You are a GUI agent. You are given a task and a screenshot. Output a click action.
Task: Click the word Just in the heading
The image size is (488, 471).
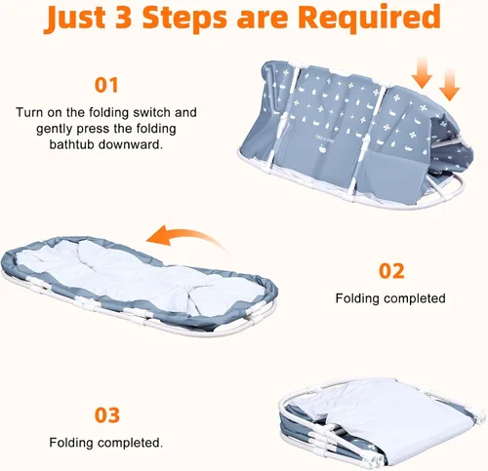pyautogui.click(x=75, y=17)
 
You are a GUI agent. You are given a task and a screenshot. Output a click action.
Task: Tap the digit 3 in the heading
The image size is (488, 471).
pyautogui.click(x=123, y=17)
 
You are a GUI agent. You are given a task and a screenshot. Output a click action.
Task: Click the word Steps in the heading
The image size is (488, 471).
pyautogui.click(x=184, y=19)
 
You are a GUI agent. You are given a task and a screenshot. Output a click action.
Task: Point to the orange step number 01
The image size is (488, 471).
pyautogui.click(x=106, y=85)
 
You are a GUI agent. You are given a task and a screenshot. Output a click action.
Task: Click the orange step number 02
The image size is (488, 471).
pyautogui.click(x=391, y=271)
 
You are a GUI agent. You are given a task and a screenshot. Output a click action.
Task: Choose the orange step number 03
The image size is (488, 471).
pyautogui.click(x=107, y=415)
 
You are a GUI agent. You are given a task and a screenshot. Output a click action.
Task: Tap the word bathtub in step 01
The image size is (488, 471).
pyautogui.click(x=71, y=144)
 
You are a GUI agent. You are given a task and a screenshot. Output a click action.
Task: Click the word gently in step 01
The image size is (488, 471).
pyautogui.click(x=55, y=129)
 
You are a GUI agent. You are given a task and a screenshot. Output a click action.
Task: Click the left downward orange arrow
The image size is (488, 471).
pyautogui.click(x=422, y=72)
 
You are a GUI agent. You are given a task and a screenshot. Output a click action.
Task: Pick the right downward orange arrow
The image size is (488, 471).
pyautogui.click(x=449, y=85)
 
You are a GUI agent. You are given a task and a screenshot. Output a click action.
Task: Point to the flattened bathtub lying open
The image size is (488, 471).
pyautogui.click(x=140, y=286)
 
